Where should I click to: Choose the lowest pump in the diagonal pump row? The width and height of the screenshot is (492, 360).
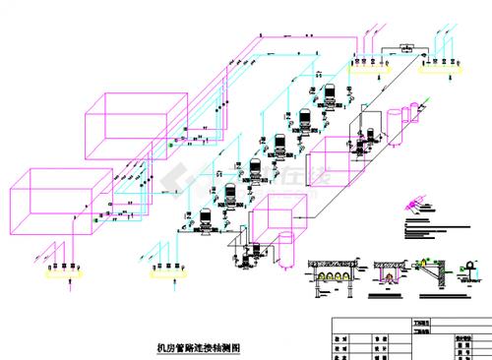205,220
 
